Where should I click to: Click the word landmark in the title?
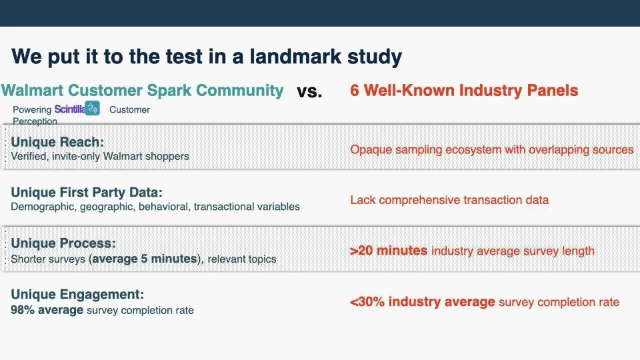(x=295, y=56)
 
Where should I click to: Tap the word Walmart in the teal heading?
(x=32, y=90)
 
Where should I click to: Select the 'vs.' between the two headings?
(x=309, y=91)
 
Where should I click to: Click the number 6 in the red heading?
(x=354, y=90)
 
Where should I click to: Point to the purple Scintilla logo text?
(x=70, y=109)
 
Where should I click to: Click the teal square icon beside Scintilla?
(x=92, y=108)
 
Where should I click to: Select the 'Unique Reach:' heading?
(x=57, y=141)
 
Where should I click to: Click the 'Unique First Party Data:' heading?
(x=87, y=192)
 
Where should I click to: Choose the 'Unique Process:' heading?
(x=63, y=243)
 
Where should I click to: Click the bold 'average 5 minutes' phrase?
(x=145, y=259)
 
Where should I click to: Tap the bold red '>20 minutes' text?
(x=389, y=251)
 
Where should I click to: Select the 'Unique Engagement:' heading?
(x=77, y=294)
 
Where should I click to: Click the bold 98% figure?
(x=23, y=310)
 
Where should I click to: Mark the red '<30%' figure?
(x=367, y=301)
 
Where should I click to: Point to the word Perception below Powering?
(x=35, y=121)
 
